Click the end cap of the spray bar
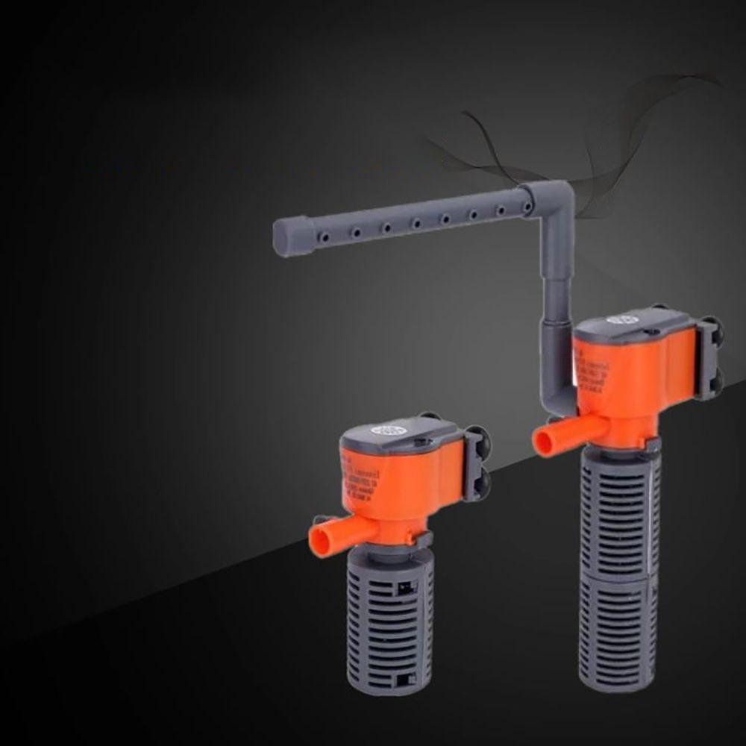click(x=290, y=236)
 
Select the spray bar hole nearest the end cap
click(x=324, y=236)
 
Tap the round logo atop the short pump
click(x=389, y=431)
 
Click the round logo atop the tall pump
click(x=619, y=320)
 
